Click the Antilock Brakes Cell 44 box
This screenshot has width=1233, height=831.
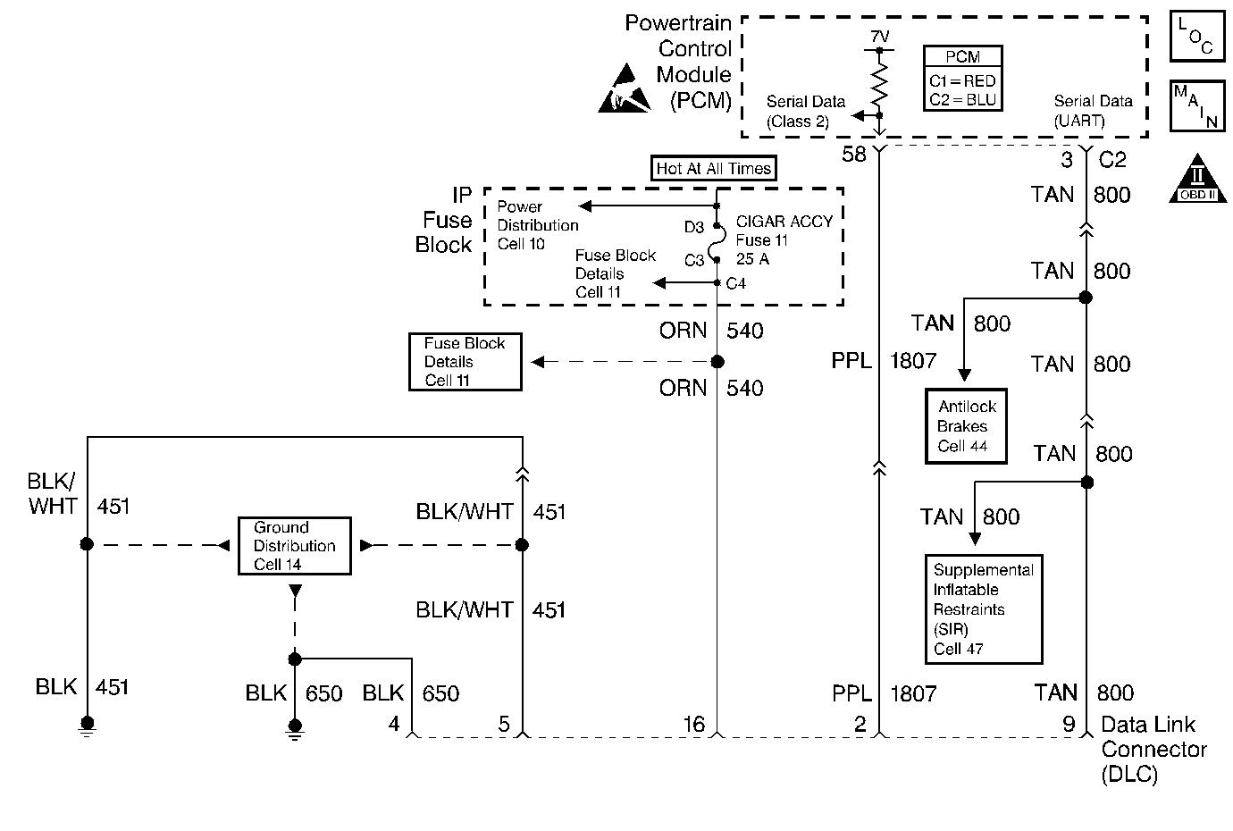coord(966,426)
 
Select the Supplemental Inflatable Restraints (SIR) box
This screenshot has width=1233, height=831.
coord(983,609)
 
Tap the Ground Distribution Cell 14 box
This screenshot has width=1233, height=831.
coord(294,546)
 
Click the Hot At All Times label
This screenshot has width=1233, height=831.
coord(713,168)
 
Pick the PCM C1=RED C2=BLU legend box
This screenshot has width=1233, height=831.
coord(962,79)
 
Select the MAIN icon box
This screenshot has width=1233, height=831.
coord(1196,106)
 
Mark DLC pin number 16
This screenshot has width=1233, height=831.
coord(693,724)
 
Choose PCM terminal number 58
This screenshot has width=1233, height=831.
coord(854,155)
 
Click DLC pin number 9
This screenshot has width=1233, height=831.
coord(1069,724)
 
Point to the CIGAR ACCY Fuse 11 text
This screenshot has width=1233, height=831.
coord(784,231)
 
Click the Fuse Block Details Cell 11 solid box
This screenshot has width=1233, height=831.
coord(465,362)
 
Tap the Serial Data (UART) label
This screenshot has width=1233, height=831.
coord(1093,111)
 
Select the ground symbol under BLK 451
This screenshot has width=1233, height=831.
coord(87,726)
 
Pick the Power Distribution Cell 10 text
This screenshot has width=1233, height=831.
coord(537,225)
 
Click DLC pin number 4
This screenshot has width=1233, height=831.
coord(394,724)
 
